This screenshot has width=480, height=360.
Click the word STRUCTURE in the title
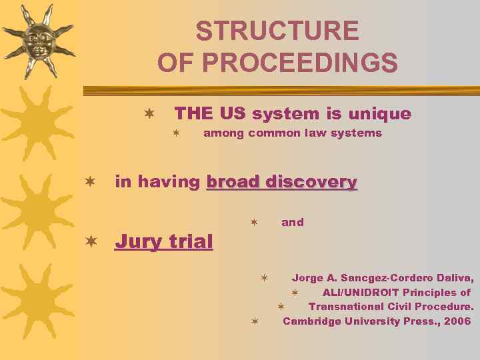(277, 31)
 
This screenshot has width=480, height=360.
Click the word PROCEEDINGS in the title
(299, 63)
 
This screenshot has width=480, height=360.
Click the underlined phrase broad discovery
(282, 182)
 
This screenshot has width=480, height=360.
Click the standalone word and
(292, 223)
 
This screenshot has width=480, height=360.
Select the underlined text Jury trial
(164, 241)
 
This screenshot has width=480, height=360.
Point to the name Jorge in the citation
(307, 278)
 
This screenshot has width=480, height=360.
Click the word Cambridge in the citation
(310, 321)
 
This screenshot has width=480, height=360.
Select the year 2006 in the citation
(457, 321)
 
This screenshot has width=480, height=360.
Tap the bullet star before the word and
(253, 223)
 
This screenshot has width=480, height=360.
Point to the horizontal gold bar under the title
(280, 90)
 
